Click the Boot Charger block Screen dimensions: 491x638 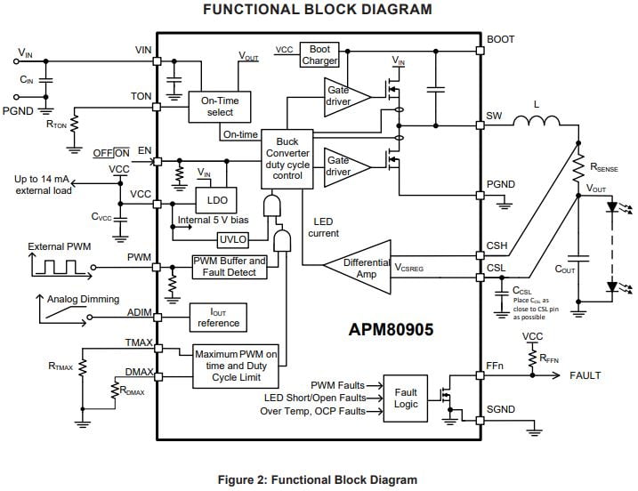[319, 54]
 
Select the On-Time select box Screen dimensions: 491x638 [214, 106]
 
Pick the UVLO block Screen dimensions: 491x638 [232, 238]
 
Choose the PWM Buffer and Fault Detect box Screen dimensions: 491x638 [230, 266]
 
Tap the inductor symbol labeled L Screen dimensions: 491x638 [537, 122]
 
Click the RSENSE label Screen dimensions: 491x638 [609, 165]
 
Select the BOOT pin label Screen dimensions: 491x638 [500, 39]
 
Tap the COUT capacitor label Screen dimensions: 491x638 [564, 268]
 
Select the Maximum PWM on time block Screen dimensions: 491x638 [236, 366]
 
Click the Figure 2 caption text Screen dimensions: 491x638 [318, 479]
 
